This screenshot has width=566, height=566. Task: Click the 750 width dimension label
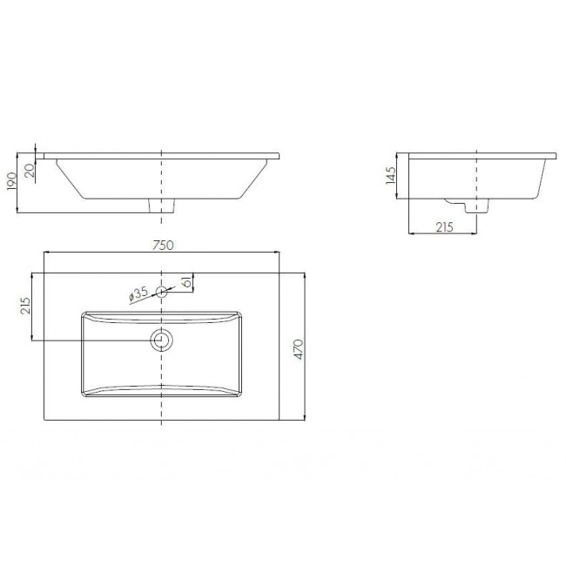[x=163, y=245]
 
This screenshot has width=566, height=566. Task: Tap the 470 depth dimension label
[x=300, y=349]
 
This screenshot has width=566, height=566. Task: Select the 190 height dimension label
[x=11, y=182]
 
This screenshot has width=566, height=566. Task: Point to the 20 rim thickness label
[x=30, y=170]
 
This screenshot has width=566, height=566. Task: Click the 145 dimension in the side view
[x=391, y=176]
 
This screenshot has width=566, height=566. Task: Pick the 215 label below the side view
[x=444, y=227]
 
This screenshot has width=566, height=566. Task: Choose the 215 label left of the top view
[x=25, y=306]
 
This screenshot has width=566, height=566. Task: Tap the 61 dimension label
[x=187, y=281]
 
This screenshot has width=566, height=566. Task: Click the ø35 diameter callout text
[x=138, y=293]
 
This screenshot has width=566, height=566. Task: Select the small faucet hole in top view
[x=161, y=292]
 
